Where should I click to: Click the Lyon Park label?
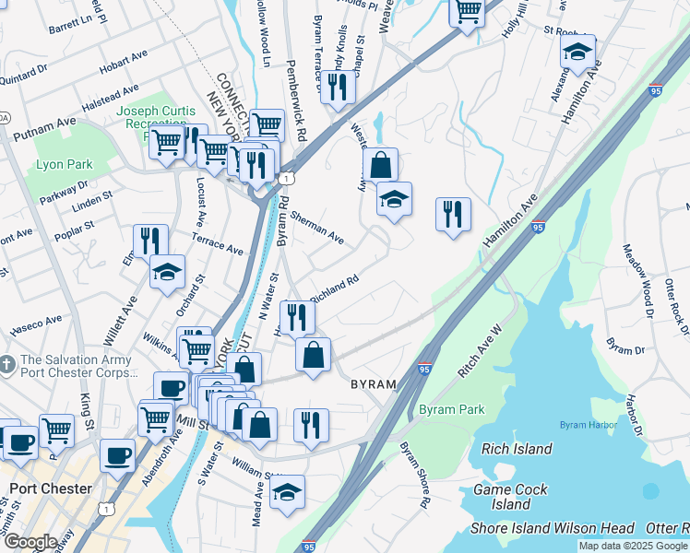(x=65, y=165)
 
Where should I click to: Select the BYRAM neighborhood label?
(x=373, y=383)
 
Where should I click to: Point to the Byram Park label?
(x=450, y=408)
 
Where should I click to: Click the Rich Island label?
(x=517, y=449)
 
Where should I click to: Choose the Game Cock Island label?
(x=510, y=497)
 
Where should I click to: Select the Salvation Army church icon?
(x=7, y=360)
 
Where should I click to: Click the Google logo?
(x=30, y=542)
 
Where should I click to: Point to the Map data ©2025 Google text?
(x=633, y=546)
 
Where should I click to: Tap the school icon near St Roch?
(x=577, y=53)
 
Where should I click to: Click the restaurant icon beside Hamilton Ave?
(x=453, y=216)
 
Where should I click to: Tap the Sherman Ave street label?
(x=316, y=228)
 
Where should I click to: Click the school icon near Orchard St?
(x=167, y=272)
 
